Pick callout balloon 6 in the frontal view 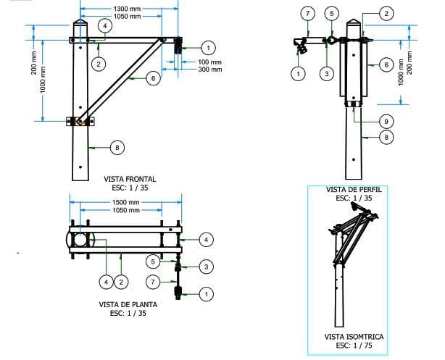click(x=153, y=78)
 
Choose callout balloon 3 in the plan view click(x=207, y=267)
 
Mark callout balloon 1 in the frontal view click(x=207, y=48)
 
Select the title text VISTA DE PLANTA click(x=128, y=305)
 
